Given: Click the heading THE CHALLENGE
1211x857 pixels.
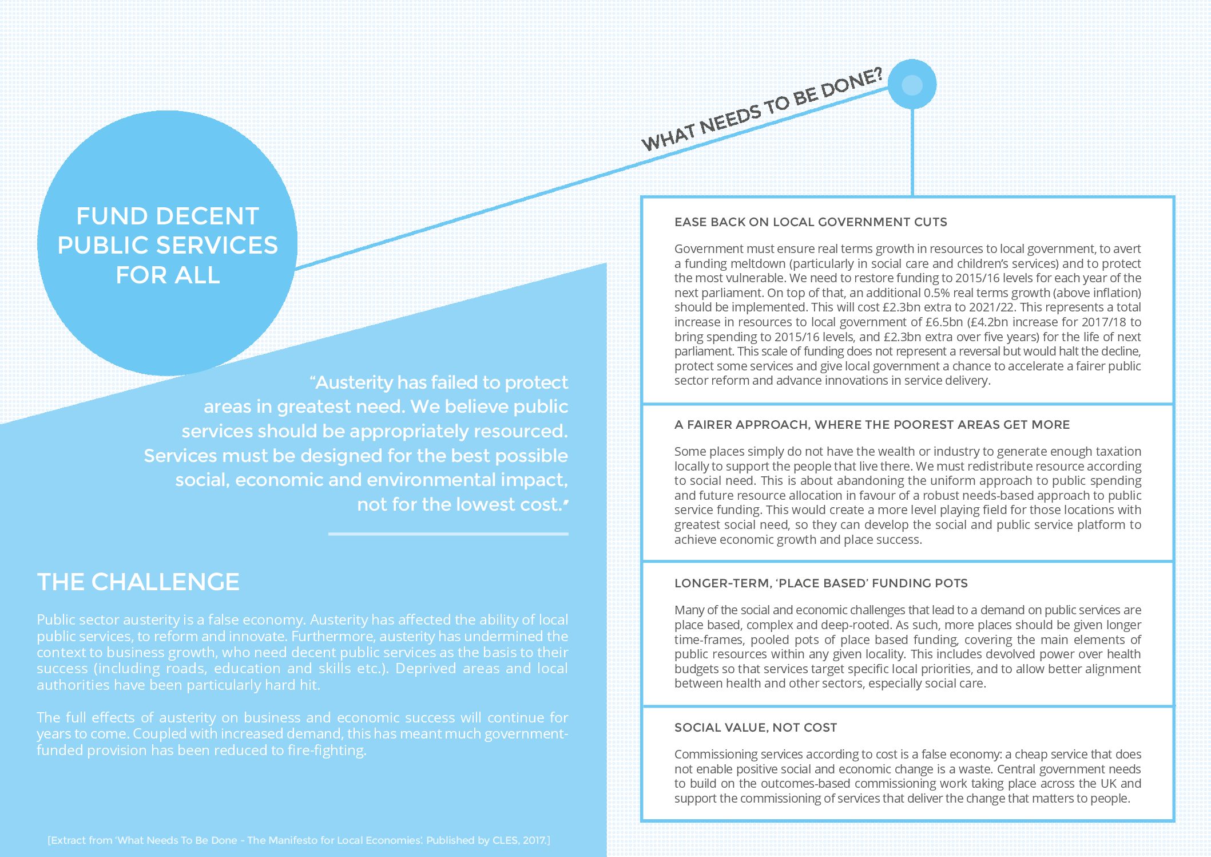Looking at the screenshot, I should [x=138, y=582].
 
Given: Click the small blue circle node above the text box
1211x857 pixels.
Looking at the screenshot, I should [x=912, y=85].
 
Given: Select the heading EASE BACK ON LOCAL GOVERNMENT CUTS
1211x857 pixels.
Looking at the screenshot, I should [x=810, y=222].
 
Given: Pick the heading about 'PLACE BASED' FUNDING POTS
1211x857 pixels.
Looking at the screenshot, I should [x=821, y=583].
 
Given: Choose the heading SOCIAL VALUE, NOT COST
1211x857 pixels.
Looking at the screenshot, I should [x=755, y=728].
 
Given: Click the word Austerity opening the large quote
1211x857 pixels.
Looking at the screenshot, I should [x=354, y=382].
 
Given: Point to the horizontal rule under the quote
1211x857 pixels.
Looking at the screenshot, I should [x=448, y=534].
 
